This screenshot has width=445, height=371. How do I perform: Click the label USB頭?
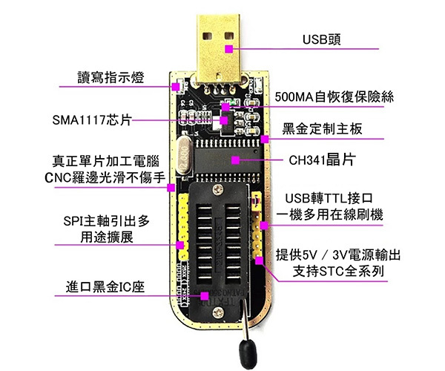326,38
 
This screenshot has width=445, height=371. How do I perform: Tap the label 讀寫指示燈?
111,77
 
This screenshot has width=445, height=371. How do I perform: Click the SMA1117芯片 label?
91,119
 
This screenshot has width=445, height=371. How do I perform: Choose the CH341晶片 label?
321,160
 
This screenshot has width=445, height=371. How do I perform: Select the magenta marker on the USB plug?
230,49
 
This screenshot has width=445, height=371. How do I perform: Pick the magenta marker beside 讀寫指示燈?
176,87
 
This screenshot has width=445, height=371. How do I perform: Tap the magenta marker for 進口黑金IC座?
205,295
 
